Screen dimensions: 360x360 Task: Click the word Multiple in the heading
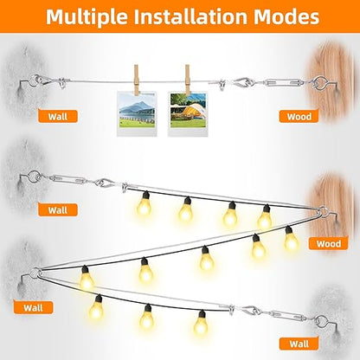point(87,16)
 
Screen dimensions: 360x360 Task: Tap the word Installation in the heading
point(190,16)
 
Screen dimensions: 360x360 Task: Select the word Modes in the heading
point(286,16)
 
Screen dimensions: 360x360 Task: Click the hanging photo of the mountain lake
point(137,114)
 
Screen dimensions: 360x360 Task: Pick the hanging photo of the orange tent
point(188,114)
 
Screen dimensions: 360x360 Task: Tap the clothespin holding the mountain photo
point(136,80)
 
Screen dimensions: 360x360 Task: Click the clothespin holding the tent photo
point(188,80)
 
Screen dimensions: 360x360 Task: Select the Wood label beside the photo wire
point(299,117)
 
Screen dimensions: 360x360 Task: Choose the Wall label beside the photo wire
point(58,117)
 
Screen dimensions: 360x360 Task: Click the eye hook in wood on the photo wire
point(323,83)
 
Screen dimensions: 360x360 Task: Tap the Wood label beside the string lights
point(329,244)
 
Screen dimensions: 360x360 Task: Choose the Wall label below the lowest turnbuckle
point(299,344)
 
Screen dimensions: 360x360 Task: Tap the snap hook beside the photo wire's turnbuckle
point(244,82)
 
